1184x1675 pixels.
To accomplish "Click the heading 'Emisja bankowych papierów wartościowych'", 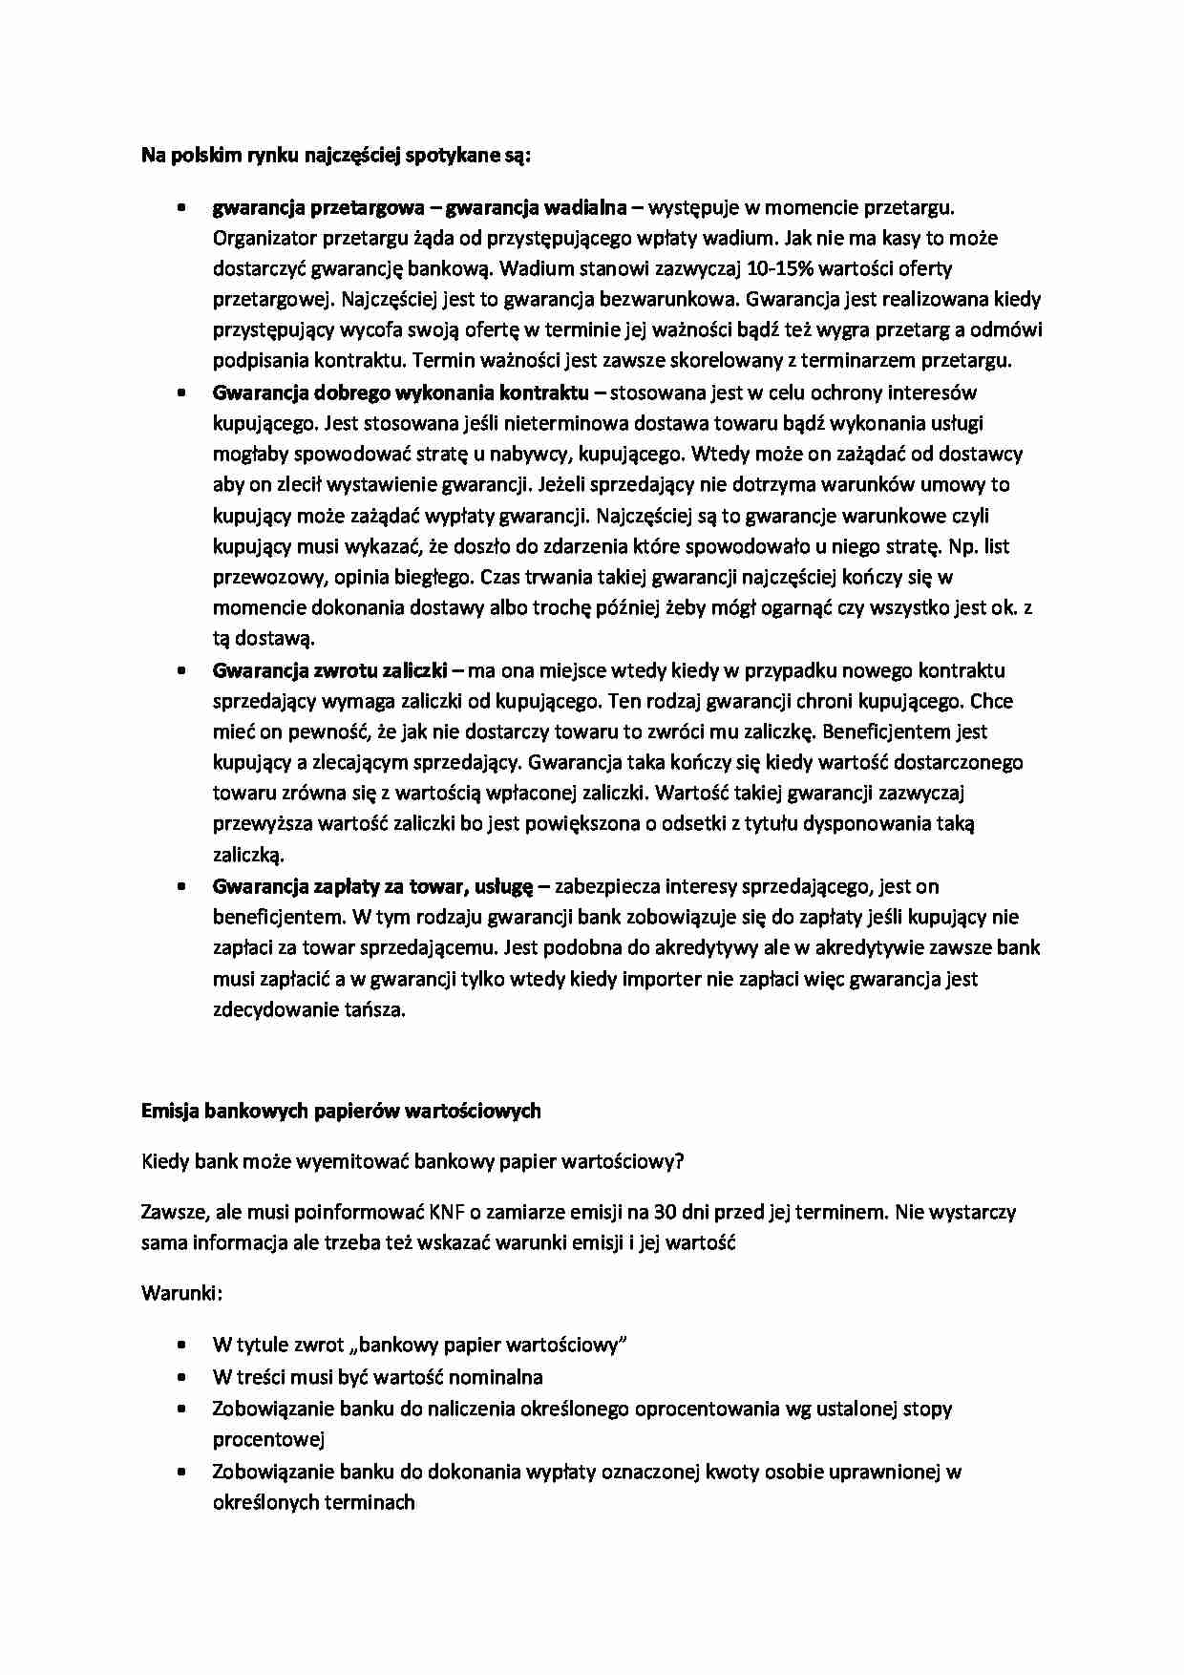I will tap(341, 1111).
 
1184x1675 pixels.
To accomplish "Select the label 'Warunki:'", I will tap(181, 1293).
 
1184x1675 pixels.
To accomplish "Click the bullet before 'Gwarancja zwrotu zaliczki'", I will tap(180, 670).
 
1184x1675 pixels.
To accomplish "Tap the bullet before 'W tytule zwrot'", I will tap(180, 1345).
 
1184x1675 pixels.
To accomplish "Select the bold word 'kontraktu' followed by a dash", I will tap(544, 392).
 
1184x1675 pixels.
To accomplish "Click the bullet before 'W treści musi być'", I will tap(180, 1377).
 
